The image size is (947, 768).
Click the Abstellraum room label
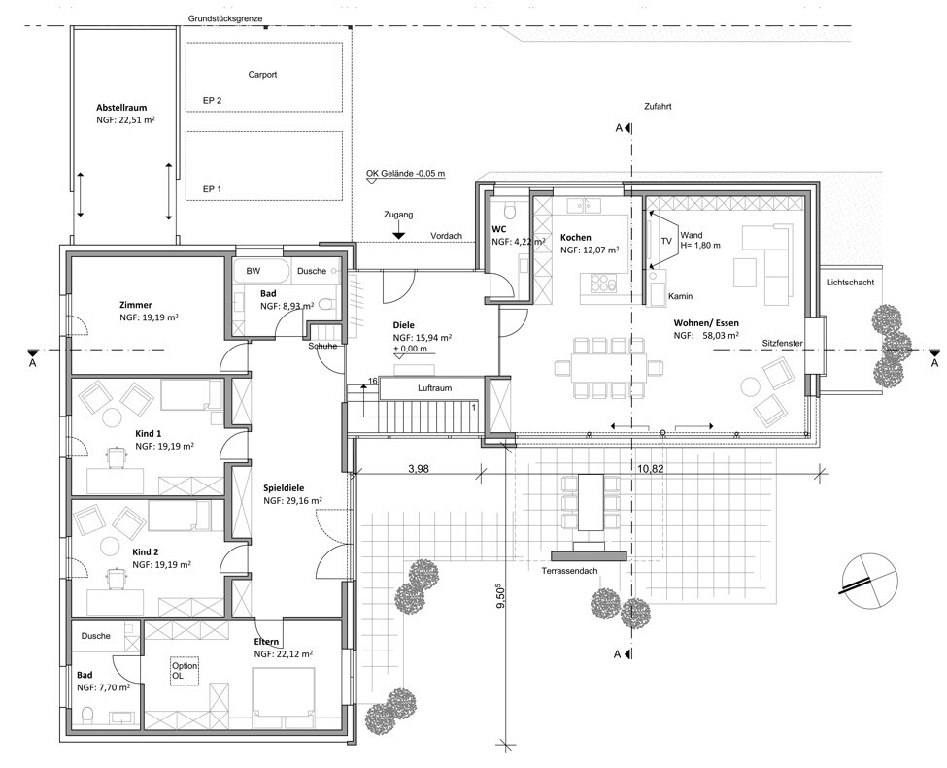pos(121,108)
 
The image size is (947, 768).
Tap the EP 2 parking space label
pos(212,100)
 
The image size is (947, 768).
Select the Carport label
pos(262,75)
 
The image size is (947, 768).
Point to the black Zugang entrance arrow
pos(398,234)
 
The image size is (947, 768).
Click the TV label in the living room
pos(666,241)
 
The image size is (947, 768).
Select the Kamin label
pos(680,296)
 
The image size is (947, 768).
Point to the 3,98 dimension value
pos(418,468)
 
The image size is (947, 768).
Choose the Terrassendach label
pos(569,571)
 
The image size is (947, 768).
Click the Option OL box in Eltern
pos(185,670)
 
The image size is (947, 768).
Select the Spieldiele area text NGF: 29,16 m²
pos(292,501)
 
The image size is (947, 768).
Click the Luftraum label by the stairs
pos(435,388)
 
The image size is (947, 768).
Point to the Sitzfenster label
pos(782,343)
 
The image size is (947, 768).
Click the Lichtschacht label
pos(851,282)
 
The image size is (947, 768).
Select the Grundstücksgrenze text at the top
pos(225,18)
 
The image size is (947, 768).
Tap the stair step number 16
pos(372,381)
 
